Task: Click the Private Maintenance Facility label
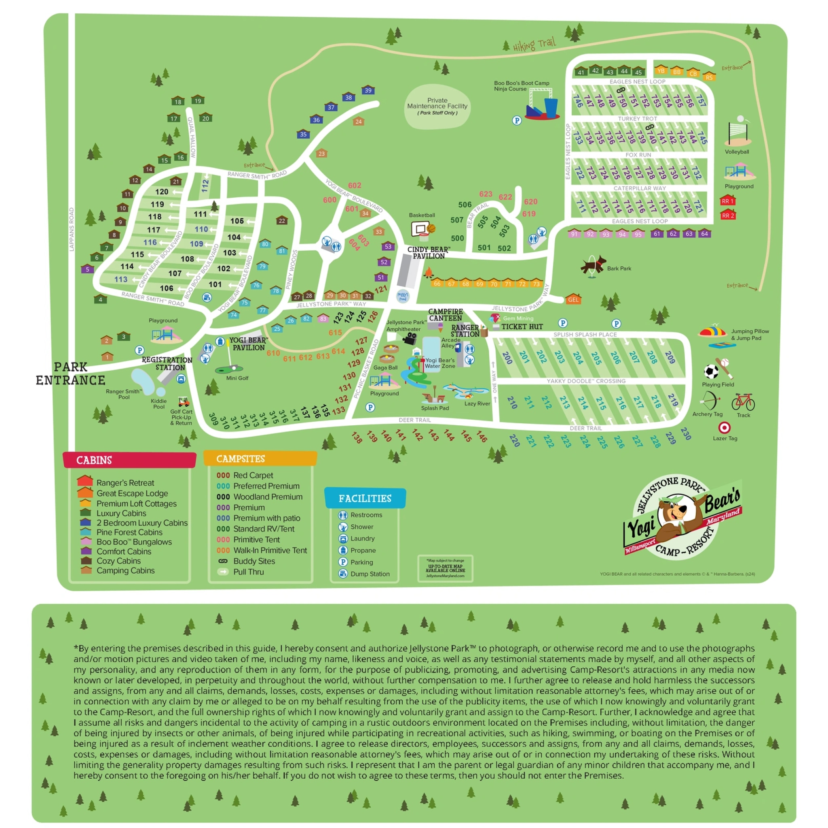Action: point(437,106)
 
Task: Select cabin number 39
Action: point(368,90)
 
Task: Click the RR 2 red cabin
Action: point(728,215)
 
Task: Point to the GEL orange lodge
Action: point(573,299)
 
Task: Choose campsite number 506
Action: point(465,205)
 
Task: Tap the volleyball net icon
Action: point(738,133)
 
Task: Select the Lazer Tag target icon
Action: point(724,427)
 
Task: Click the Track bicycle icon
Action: point(743,402)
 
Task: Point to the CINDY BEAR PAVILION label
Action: point(429,252)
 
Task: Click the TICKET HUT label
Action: point(522,327)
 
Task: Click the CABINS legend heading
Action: point(94,460)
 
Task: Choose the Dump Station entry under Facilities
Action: point(370,574)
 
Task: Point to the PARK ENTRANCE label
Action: point(70,373)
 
